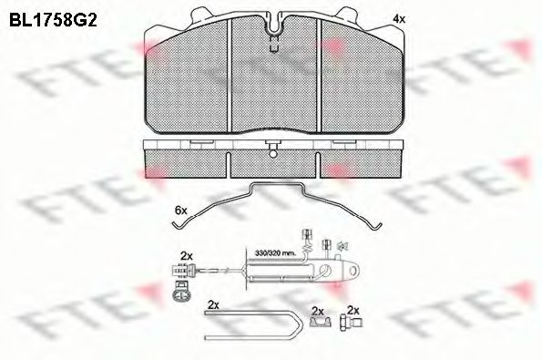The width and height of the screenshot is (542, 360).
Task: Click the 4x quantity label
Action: coord(397,17)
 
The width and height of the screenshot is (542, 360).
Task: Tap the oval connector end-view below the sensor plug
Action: coord(179,293)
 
